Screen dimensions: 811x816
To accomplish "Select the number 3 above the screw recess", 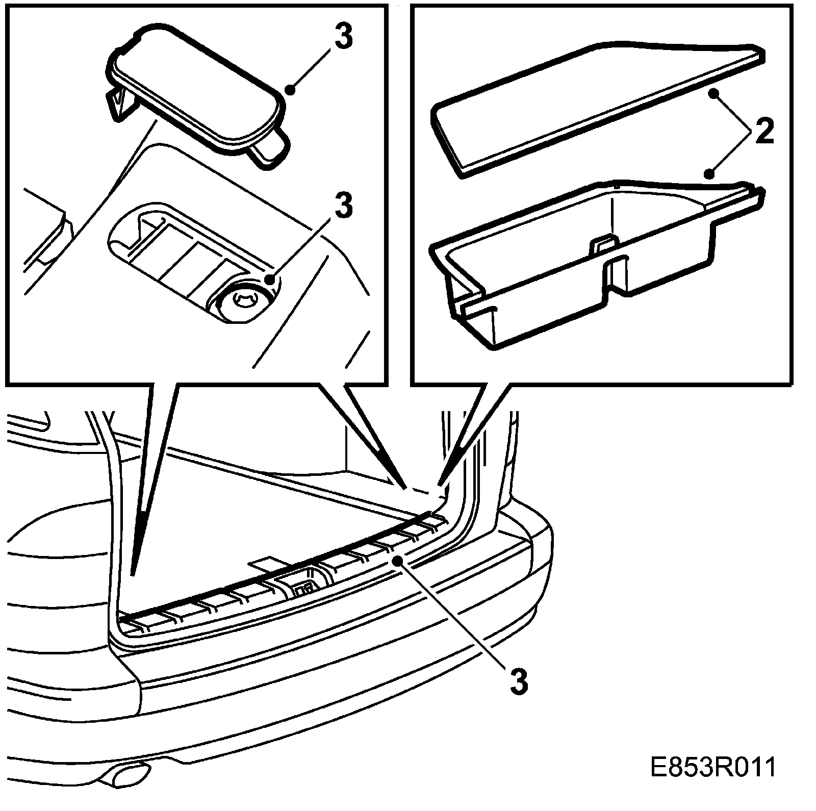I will [343, 205].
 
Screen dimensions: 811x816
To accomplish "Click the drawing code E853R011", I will [713, 781].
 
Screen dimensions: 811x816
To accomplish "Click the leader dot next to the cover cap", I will [291, 90].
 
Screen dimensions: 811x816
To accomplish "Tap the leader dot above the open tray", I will [709, 175].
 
